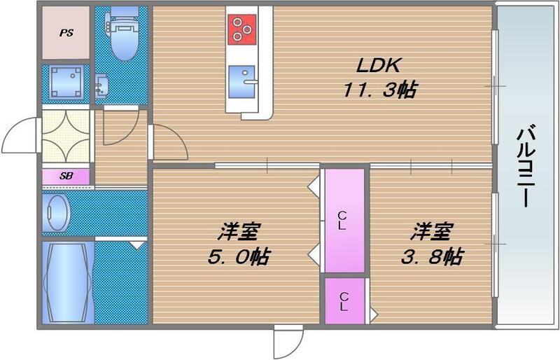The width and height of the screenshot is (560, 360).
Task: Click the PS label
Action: [x=65, y=32]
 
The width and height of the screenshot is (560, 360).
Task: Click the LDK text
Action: [x=377, y=67]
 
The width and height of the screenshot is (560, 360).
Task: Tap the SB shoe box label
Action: [x=65, y=177]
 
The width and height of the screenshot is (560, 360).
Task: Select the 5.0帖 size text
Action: [x=239, y=256]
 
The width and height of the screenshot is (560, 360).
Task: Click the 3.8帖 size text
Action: [x=430, y=256]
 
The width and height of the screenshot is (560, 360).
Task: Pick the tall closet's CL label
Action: [x=343, y=221]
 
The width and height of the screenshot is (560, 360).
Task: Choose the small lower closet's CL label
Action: [x=344, y=300]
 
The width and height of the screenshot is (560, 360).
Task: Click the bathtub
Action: [x=66, y=281]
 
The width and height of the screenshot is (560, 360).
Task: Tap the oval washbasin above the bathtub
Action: [x=55, y=212]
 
